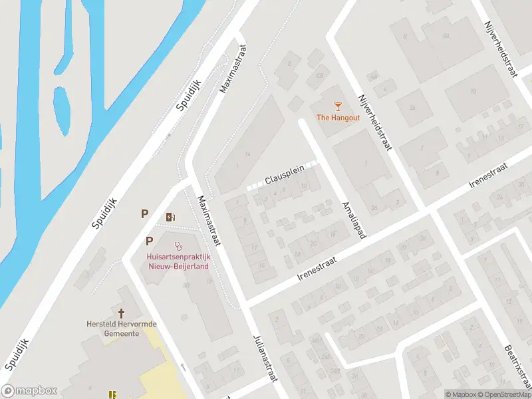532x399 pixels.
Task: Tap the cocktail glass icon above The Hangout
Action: pyautogui.click(x=337, y=106)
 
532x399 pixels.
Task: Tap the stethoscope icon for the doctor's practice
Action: pyautogui.click(x=178, y=246)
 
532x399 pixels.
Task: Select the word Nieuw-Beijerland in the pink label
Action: pyautogui.click(x=178, y=266)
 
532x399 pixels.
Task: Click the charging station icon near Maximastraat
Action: pyautogui.click(x=170, y=216)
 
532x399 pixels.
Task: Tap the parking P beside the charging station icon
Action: pyautogui.click(x=144, y=213)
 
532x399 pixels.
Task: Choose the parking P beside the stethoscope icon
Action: pyautogui.click(x=150, y=241)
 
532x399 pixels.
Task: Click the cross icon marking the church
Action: pyautogui.click(x=122, y=313)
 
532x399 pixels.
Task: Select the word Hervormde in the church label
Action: pyautogui.click(x=137, y=324)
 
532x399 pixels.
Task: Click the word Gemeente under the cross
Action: pyautogui.click(x=122, y=333)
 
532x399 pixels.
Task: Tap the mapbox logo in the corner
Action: pyautogui.click(x=29, y=391)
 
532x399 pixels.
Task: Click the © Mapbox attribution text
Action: pyautogui.click(x=462, y=394)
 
